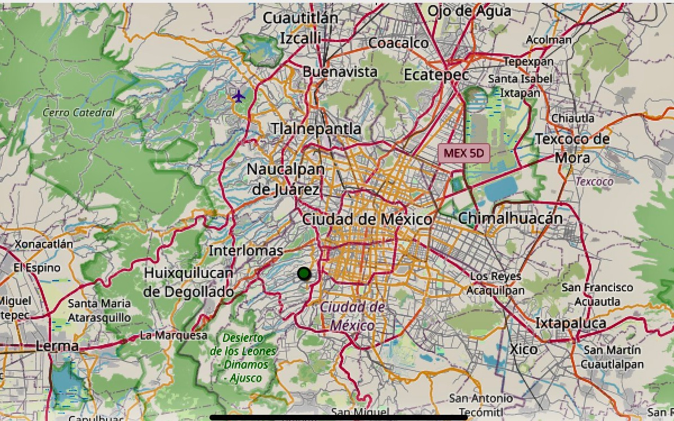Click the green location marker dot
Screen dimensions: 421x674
tap(304, 273)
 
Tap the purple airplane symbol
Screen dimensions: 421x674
tap(239, 96)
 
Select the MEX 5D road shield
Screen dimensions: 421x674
tap(463, 153)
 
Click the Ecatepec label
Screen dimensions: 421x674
tap(436, 75)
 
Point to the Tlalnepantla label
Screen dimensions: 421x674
tap(316, 129)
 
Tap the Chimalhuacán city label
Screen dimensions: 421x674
tap(510, 218)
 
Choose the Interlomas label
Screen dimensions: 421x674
tap(245, 250)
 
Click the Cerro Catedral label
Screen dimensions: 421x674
tap(79, 112)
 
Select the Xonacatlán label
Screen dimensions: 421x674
tap(44, 244)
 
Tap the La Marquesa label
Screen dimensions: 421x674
tap(174, 336)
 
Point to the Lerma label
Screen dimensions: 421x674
tap(57, 346)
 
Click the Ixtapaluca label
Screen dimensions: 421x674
tap(570, 323)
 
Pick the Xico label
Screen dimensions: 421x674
tap(523, 349)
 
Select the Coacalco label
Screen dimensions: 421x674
tap(398, 43)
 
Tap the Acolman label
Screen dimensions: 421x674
tap(549, 40)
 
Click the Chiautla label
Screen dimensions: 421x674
tap(572, 118)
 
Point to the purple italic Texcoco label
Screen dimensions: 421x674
tap(594, 181)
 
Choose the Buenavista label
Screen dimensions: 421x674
tap(340, 72)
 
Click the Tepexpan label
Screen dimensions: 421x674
tap(528, 61)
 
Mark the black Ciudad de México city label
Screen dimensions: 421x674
tap(367, 219)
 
